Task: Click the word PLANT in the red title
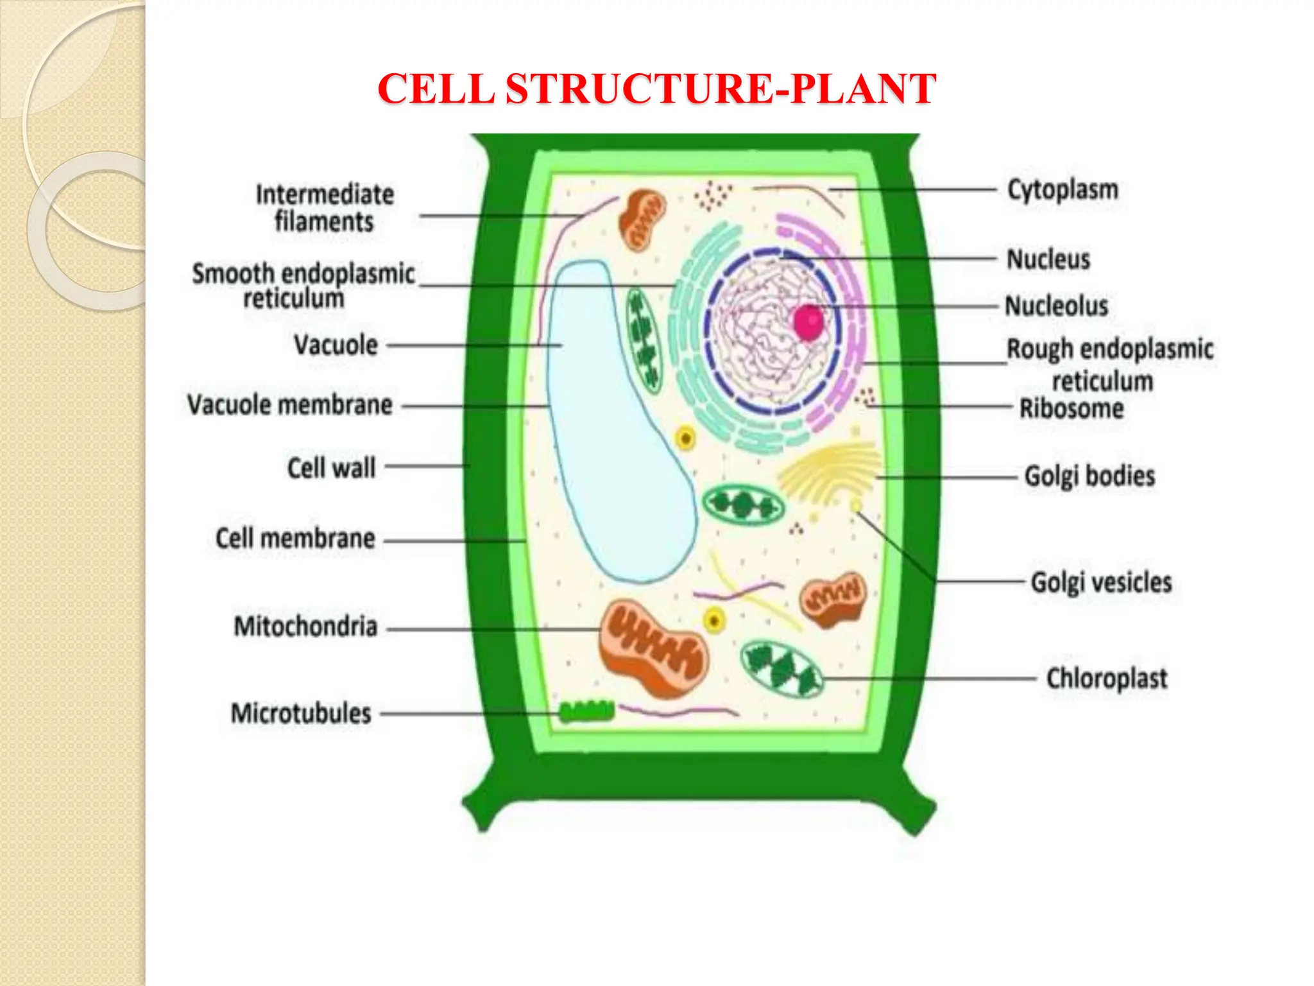tap(863, 89)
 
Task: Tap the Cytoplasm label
tap(1062, 190)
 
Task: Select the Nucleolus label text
tap(1056, 306)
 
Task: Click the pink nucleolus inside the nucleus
tap(808, 322)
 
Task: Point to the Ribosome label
tap(1071, 409)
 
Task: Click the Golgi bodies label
tap(1089, 476)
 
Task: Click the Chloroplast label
tap(1106, 679)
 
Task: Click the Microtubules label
tap(301, 714)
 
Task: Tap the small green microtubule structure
tap(586, 711)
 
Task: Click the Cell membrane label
tap(295, 539)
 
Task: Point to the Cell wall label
tap(331, 468)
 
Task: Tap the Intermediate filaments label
tap(325, 208)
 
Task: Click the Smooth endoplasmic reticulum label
tap(303, 286)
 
